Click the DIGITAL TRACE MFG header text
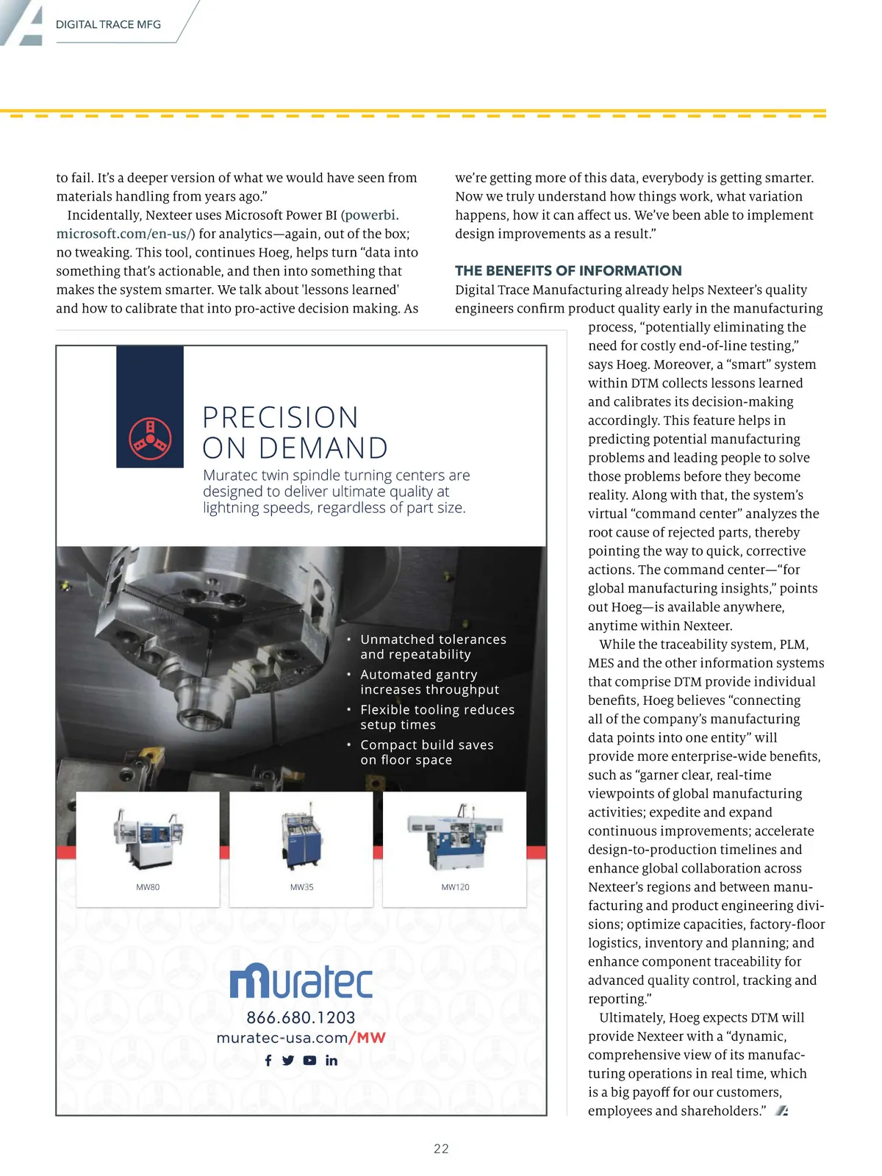pos(108,24)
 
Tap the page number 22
pos(441,1149)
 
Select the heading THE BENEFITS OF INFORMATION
pos(568,270)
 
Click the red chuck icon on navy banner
pos(150,439)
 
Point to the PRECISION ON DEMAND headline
pos(295,432)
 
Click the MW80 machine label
pos(148,887)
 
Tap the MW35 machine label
pos(301,887)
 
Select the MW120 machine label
pos(455,887)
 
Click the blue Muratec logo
pos(301,980)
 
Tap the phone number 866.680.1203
pos(301,1018)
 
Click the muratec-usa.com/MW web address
pos(301,1038)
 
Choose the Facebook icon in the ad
pos(268,1061)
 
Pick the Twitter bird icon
pos(288,1061)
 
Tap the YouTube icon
pos(309,1061)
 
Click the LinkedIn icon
pos(331,1061)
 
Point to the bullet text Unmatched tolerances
pos(433,639)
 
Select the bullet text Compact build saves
pos(426,745)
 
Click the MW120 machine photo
pos(454,837)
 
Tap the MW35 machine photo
pos(301,837)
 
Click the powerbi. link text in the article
pos(371,215)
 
